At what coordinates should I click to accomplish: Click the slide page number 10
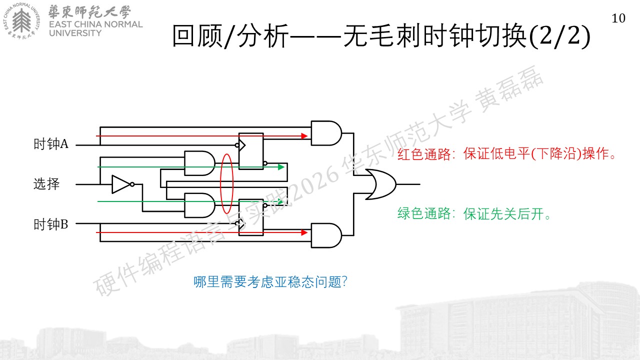pos(618,18)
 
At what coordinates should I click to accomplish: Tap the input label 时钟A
pos(51,143)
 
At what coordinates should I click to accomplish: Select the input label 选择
pos(46,183)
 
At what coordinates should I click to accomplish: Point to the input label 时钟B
pos(51,224)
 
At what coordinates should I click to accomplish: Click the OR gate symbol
pos(381,184)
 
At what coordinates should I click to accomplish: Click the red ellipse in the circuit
pos(220,183)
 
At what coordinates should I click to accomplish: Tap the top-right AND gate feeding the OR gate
pos(326,133)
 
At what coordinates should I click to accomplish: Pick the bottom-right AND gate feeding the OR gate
pos(326,235)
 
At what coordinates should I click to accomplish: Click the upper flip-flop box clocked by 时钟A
pos(251,151)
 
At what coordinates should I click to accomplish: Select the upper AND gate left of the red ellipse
pos(199,163)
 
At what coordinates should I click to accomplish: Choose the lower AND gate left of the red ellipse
pos(199,205)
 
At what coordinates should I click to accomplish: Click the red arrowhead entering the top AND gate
pos(304,136)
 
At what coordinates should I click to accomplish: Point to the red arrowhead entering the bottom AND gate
pos(304,232)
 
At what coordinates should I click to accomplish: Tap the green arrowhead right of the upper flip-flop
pos(281,167)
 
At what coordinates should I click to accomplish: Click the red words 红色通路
pos(424,154)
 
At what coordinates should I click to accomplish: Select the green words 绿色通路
pos(424,213)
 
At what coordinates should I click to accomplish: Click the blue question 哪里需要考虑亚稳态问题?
pos(270,282)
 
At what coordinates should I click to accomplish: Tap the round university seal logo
pos(21,21)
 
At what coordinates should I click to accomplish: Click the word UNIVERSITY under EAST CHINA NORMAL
pos(75,33)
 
